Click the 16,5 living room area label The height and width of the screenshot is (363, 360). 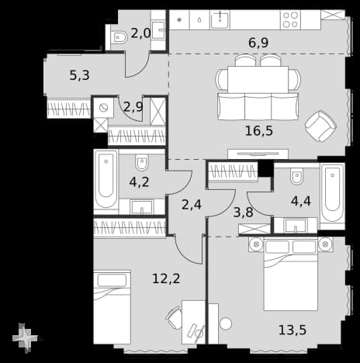[259, 131]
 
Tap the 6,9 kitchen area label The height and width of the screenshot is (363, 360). [258, 43]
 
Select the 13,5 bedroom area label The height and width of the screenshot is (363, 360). [292, 330]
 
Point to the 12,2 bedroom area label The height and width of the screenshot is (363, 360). [166, 278]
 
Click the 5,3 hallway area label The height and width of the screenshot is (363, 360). [79, 75]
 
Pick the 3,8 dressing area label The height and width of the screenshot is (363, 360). [243, 213]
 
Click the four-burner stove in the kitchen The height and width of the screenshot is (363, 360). [290, 20]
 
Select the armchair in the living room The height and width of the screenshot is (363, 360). [320, 126]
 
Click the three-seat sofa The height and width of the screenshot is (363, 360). [258, 106]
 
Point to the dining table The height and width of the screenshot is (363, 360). [258, 79]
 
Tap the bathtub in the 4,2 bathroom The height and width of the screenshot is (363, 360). [106, 179]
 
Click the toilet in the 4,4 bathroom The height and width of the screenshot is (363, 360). [296, 176]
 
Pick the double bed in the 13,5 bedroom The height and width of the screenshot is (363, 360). [291, 275]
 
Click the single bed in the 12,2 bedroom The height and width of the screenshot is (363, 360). [112, 307]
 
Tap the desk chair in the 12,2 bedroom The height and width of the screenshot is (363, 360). [173, 317]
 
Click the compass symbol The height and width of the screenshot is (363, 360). [25, 337]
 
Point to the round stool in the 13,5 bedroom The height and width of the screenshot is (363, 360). [226, 323]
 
